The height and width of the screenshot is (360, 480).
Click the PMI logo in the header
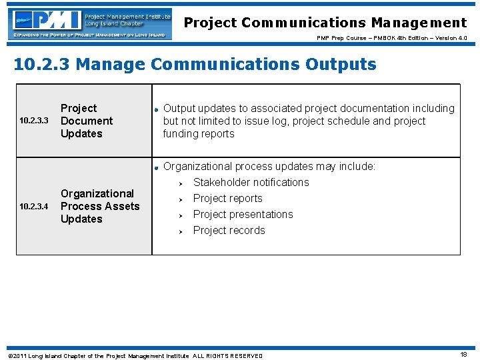click(89, 23)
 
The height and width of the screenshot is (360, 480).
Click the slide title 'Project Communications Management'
click(325, 23)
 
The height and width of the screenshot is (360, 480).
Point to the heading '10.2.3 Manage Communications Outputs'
click(195, 65)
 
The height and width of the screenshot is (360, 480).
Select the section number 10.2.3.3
click(34, 121)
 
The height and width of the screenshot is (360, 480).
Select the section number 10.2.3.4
click(34, 207)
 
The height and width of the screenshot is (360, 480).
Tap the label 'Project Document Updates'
click(87, 121)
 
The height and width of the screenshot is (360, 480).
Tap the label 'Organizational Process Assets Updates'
click(100, 206)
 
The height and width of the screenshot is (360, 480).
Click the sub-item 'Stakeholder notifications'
click(251, 182)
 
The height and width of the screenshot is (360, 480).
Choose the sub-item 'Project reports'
click(227, 198)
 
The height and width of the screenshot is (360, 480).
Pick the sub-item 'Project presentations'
click(243, 214)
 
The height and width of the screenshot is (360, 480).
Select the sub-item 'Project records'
click(229, 230)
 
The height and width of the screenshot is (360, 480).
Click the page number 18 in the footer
click(463, 355)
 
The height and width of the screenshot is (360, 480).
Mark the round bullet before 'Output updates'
click(155, 109)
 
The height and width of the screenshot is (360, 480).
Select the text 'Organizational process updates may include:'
click(269, 166)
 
